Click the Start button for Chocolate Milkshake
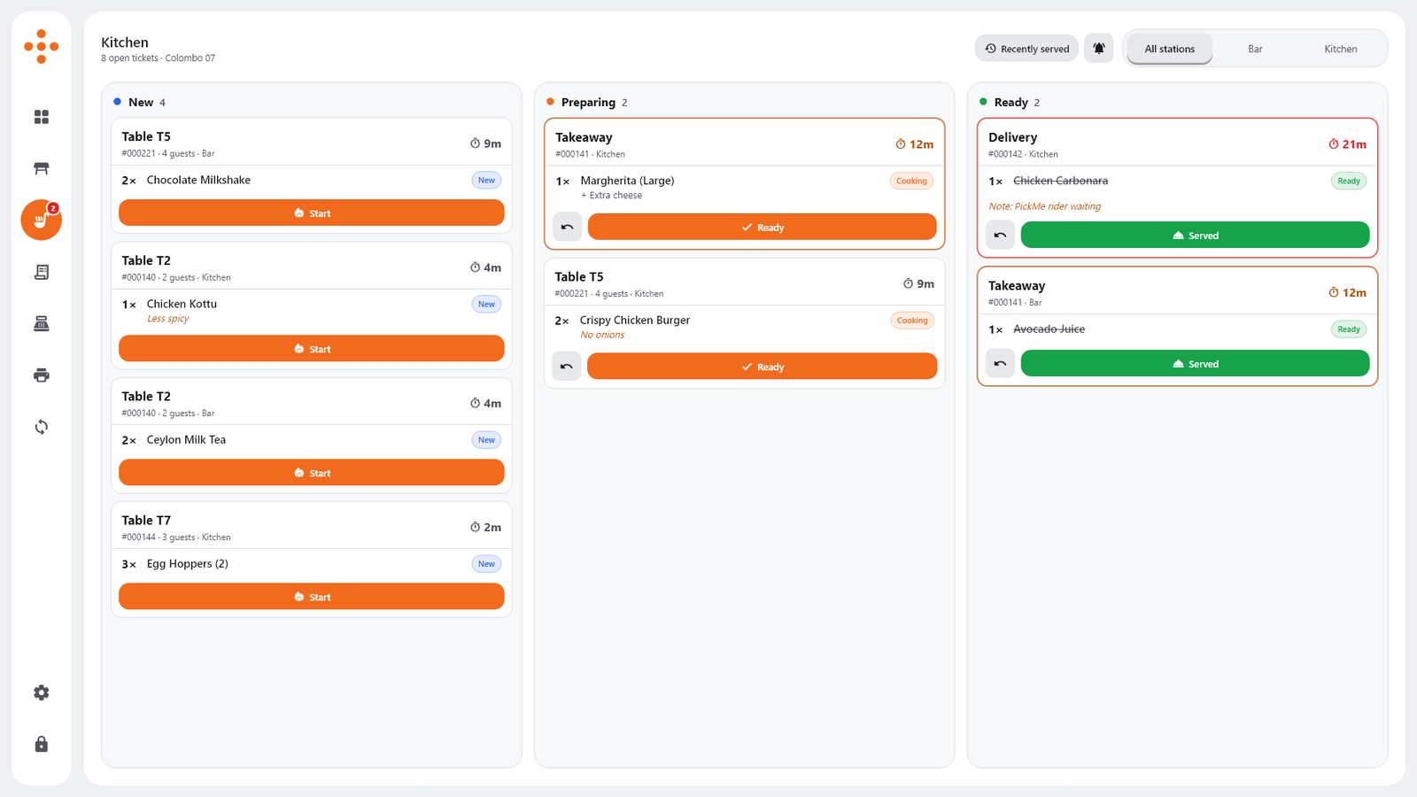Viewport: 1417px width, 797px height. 311,213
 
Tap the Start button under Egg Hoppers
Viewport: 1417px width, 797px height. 311,597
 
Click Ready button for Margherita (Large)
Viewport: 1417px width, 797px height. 762,227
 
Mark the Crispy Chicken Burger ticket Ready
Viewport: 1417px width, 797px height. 762,367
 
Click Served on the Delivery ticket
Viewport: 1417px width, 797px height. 1195,235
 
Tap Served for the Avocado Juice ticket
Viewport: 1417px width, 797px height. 1195,363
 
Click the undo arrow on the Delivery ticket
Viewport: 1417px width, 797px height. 1000,235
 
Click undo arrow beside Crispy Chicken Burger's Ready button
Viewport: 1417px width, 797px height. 566,367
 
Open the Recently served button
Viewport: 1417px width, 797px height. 1026,48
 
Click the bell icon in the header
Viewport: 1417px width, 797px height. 1099,48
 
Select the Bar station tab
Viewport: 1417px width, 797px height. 1255,49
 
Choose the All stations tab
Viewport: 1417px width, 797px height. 1170,49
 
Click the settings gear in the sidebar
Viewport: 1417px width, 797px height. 41,693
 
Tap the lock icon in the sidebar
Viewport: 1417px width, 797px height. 41,744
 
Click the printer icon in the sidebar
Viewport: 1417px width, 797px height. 41,375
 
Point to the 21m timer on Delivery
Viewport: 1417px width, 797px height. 1347,144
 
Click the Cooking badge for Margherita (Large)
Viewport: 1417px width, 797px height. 911,181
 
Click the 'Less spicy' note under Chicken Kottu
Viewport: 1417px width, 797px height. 167,318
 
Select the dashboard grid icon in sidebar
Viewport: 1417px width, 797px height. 41,117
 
